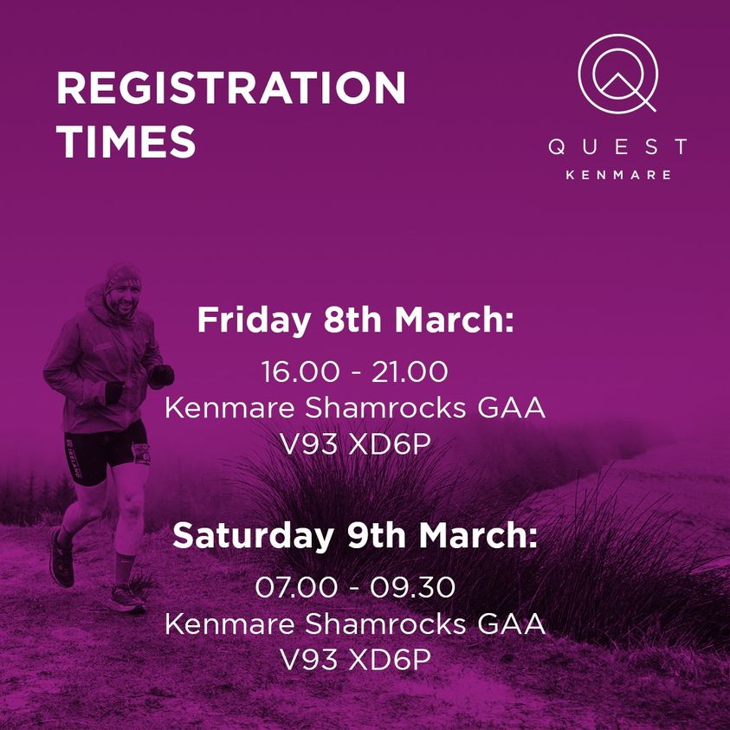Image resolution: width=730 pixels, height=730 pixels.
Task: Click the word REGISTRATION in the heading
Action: (x=230, y=88)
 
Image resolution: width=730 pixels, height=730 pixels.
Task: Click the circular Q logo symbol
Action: (x=617, y=73)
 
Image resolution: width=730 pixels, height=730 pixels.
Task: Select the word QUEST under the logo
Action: (x=617, y=147)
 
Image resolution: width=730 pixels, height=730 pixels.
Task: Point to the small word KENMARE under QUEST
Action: (x=617, y=174)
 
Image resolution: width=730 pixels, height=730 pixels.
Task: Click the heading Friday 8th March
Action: (x=355, y=320)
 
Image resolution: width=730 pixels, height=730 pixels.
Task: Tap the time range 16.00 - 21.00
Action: (x=355, y=372)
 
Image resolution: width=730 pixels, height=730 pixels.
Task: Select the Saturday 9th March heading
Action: (x=355, y=534)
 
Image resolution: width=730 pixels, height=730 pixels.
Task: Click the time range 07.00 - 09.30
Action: (x=355, y=587)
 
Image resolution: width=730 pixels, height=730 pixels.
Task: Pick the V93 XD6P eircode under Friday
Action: (x=355, y=445)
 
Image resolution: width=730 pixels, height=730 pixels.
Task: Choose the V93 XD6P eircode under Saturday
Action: (x=355, y=660)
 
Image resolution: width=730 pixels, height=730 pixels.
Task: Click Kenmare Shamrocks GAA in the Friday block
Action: (x=355, y=409)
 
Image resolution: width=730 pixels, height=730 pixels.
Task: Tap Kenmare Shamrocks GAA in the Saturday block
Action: (x=355, y=623)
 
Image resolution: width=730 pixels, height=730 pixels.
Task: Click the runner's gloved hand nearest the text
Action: (x=161, y=376)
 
